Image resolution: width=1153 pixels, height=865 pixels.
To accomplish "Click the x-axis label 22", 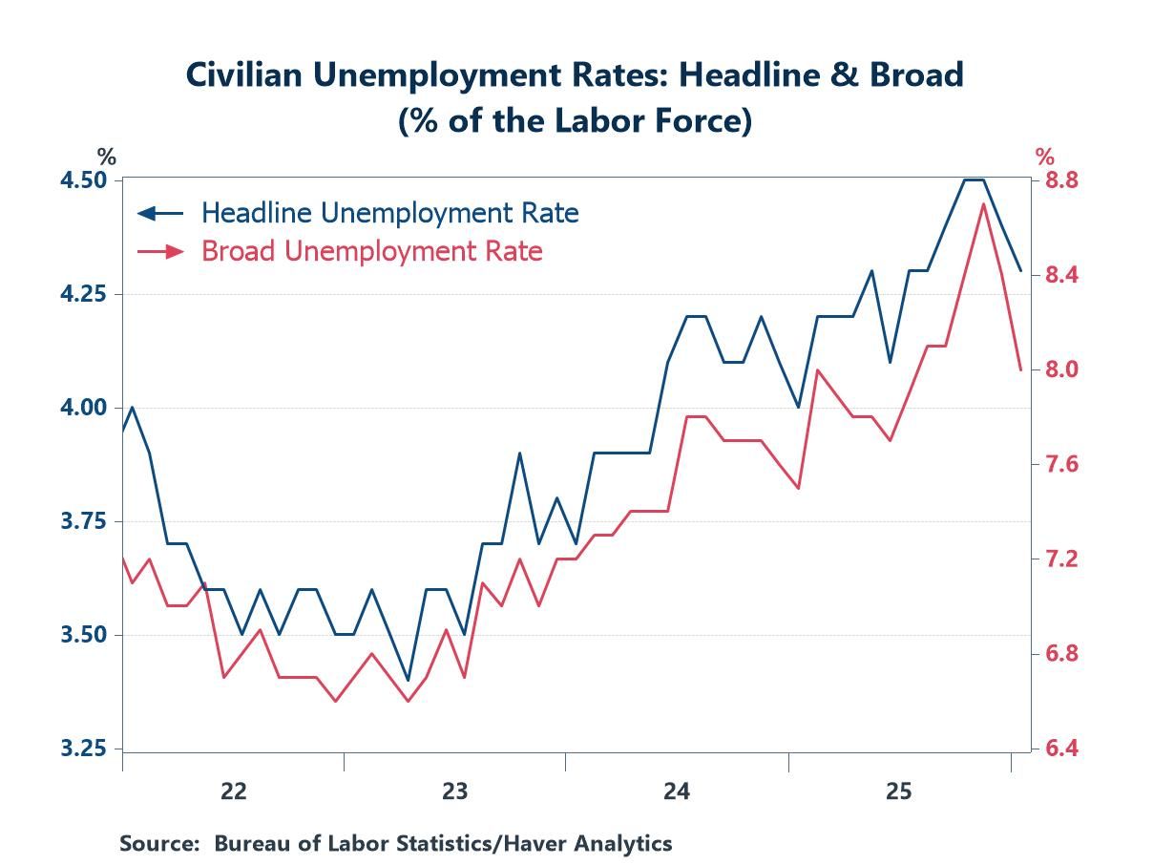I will [x=233, y=791].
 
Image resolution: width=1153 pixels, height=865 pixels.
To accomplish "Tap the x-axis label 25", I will [x=898, y=791].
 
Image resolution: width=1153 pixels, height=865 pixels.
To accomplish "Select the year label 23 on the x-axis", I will [x=454, y=791].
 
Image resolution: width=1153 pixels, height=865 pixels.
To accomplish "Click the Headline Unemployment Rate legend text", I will [x=389, y=212].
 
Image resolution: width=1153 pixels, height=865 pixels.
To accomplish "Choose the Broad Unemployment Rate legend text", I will [x=371, y=251].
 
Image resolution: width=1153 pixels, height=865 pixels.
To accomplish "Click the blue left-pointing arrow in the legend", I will [x=159, y=212].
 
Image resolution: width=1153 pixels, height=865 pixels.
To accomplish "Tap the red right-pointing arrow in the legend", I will [x=161, y=251].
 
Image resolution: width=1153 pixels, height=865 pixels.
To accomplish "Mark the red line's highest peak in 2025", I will [x=983, y=203].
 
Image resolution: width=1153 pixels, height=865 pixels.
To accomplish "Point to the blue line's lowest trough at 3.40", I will [x=409, y=680].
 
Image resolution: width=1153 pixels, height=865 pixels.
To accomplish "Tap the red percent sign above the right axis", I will [x=1045, y=157].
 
